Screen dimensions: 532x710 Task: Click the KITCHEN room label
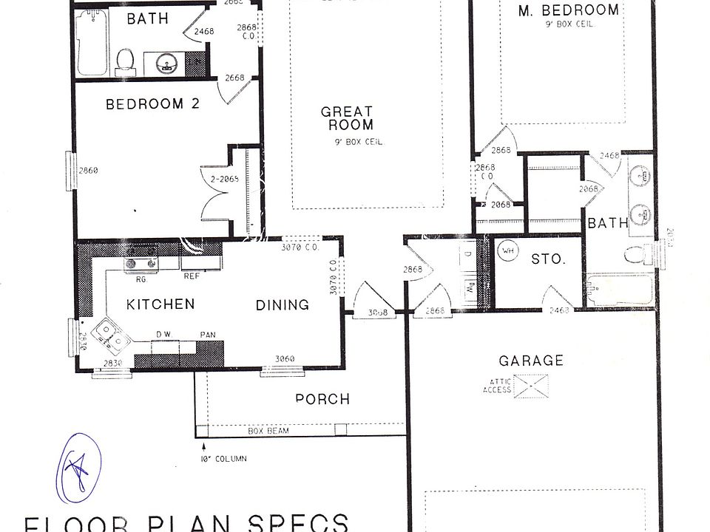[x=160, y=304]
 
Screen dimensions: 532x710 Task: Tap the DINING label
[x=282, y=304]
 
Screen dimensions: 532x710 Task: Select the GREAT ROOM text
[x=346, y=118]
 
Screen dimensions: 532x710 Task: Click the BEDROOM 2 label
[x=152, y=104]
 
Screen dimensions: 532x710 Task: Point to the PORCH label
[x=322, y=399]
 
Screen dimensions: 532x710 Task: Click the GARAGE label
[x=530, y=361]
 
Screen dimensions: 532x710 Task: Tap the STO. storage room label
[x=548, y=259]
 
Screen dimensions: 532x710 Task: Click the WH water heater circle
[x=507, y=250]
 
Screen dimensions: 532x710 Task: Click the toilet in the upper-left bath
[x=125, y=59]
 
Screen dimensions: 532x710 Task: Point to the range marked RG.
[x=141, y=260]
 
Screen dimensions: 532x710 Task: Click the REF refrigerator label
[x=192, y=276]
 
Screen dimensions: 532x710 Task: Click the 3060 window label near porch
[x=284, y=359]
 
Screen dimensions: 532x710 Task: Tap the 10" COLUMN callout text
[x=223, y=458]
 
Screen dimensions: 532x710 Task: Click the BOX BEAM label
[x=268, y=430]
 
